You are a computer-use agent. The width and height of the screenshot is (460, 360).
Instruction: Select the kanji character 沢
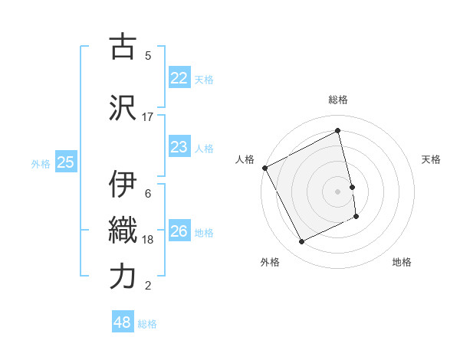[123, 107]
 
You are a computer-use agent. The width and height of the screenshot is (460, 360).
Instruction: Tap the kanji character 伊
[123, 184]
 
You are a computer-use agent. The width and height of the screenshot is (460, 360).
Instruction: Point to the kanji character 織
[123, 231]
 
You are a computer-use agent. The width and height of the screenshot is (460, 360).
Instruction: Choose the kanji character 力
[123, 277]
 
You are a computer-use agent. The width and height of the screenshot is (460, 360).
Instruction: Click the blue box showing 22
[179, 78]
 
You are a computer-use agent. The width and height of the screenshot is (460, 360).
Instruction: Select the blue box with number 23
[179, 147]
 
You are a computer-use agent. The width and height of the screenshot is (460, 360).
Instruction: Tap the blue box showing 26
[179, 231]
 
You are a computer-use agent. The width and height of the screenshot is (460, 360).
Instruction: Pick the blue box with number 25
[65, 162]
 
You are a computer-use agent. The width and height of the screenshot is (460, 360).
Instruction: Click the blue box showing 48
[122, 322]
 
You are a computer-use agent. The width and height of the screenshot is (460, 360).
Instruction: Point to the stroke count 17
[148, 116]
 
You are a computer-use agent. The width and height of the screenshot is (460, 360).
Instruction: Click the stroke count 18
[148, 239]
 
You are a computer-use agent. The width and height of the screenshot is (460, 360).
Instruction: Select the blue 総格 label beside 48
[147, 324]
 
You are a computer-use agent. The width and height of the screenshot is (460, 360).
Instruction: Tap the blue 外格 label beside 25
[41, 163]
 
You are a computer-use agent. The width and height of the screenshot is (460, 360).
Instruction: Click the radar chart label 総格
[338, 100]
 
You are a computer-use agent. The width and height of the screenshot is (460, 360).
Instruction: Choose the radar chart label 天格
[431, 159]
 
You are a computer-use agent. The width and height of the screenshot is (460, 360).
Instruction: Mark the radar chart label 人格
[245, 159]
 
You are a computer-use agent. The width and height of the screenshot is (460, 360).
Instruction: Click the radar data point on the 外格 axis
[301, 242]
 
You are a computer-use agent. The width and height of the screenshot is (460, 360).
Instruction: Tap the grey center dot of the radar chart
[337, 191]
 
